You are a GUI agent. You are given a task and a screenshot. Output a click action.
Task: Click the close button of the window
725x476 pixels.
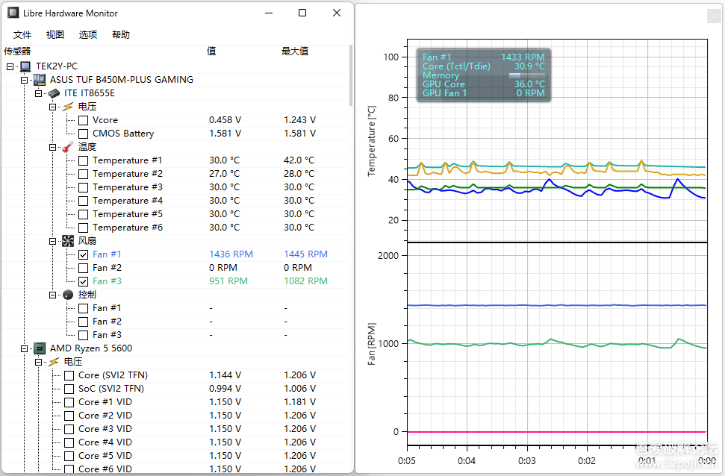pyautogui.click(x=337, y=13)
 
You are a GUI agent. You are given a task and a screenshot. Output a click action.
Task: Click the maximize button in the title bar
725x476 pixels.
pyautogui.click(x=302, y=13)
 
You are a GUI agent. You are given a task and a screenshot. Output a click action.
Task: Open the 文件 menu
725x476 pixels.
pyautogui.click(x=22, y=35)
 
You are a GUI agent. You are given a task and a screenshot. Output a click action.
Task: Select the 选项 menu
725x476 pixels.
pyautogui.click(x=88, y=35)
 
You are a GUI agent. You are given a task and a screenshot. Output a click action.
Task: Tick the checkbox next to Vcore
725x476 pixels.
pyautogui.click(x=83, y=120)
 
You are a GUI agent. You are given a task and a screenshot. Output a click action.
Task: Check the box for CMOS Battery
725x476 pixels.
pyautogui.click(x=83, y=134)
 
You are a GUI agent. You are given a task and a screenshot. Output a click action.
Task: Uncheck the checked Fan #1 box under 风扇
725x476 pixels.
pyautogui.click(x=83, y=254)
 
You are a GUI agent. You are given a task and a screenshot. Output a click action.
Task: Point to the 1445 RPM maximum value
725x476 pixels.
pyautogui.click(x=305, y=254)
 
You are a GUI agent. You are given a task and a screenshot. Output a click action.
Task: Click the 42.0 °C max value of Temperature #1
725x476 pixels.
pyautogui.click(x=299, y=160)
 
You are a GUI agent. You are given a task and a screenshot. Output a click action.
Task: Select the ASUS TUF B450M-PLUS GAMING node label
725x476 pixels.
pyautogui.click(x=121, y=80)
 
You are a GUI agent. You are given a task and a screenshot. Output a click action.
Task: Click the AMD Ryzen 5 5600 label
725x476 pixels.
pyautogui.click(x=91, y=348)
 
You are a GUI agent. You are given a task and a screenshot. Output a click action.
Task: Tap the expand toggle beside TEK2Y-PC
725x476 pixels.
pyautogui.click(x=10, y=66)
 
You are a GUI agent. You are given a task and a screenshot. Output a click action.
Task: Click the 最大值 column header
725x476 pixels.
pyautogui.click(x=294, y=51)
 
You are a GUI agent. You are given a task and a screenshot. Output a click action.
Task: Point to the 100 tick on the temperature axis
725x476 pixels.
pyautogui.click(x=390, y=57)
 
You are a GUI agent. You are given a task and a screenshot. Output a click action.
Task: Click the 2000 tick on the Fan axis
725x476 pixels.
pyautogui.click(x=388, y=255)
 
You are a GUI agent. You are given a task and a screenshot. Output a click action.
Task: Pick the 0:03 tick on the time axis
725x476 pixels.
pyautogui.click(x=527, y=461)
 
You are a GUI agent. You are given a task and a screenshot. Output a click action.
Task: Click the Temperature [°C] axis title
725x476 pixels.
pyautogui.click(x=372, y=140)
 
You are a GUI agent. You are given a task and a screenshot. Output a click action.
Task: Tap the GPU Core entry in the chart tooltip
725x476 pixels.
pyautogui.click(x=444, y=84)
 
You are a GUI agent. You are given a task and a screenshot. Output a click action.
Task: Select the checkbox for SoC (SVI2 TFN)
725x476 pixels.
pyautogui.click(x=69, y=389)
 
